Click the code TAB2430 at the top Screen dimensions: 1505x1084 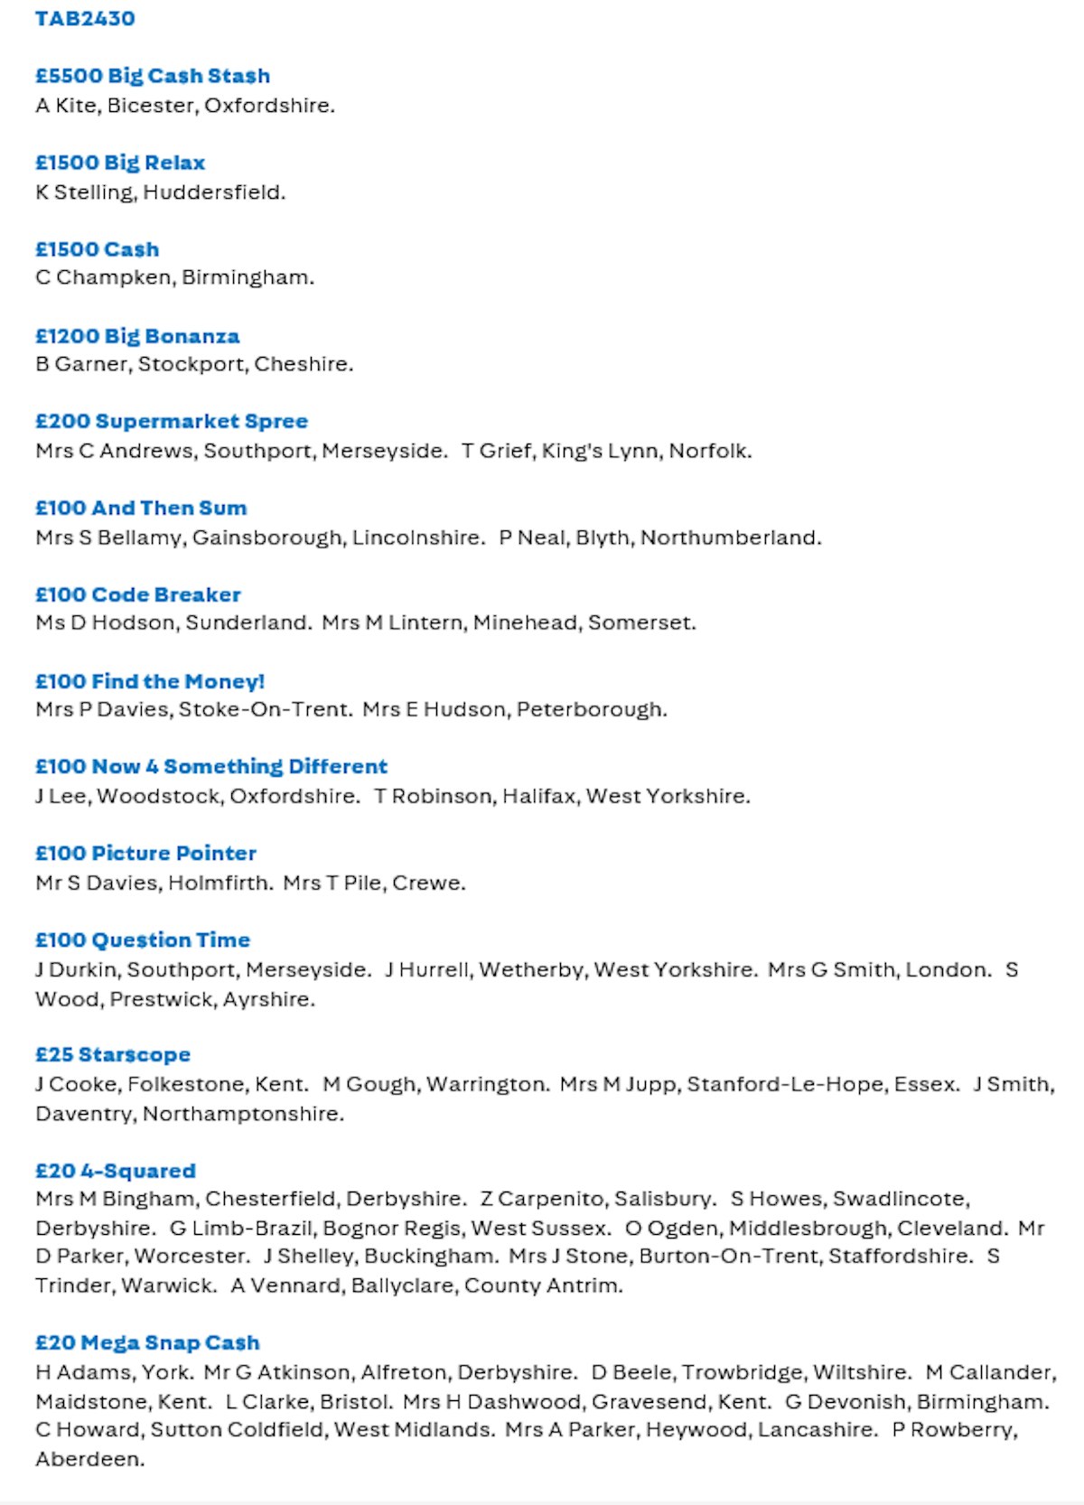point(85,18)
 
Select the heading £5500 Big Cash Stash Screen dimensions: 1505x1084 point(153,76)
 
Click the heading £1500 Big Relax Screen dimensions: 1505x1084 point(120,163)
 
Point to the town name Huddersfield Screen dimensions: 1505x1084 point(213,192)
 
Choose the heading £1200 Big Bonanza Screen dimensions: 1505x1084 point(137,336)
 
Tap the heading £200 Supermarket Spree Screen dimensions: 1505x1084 point(172,421)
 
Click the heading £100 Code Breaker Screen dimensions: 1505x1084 point(138,594)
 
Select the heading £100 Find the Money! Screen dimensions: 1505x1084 point(150,681)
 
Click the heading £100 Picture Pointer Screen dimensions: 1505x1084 point(145,853)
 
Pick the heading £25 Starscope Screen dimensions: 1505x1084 point(113,1054)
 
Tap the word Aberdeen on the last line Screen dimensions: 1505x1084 point(89,1459)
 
